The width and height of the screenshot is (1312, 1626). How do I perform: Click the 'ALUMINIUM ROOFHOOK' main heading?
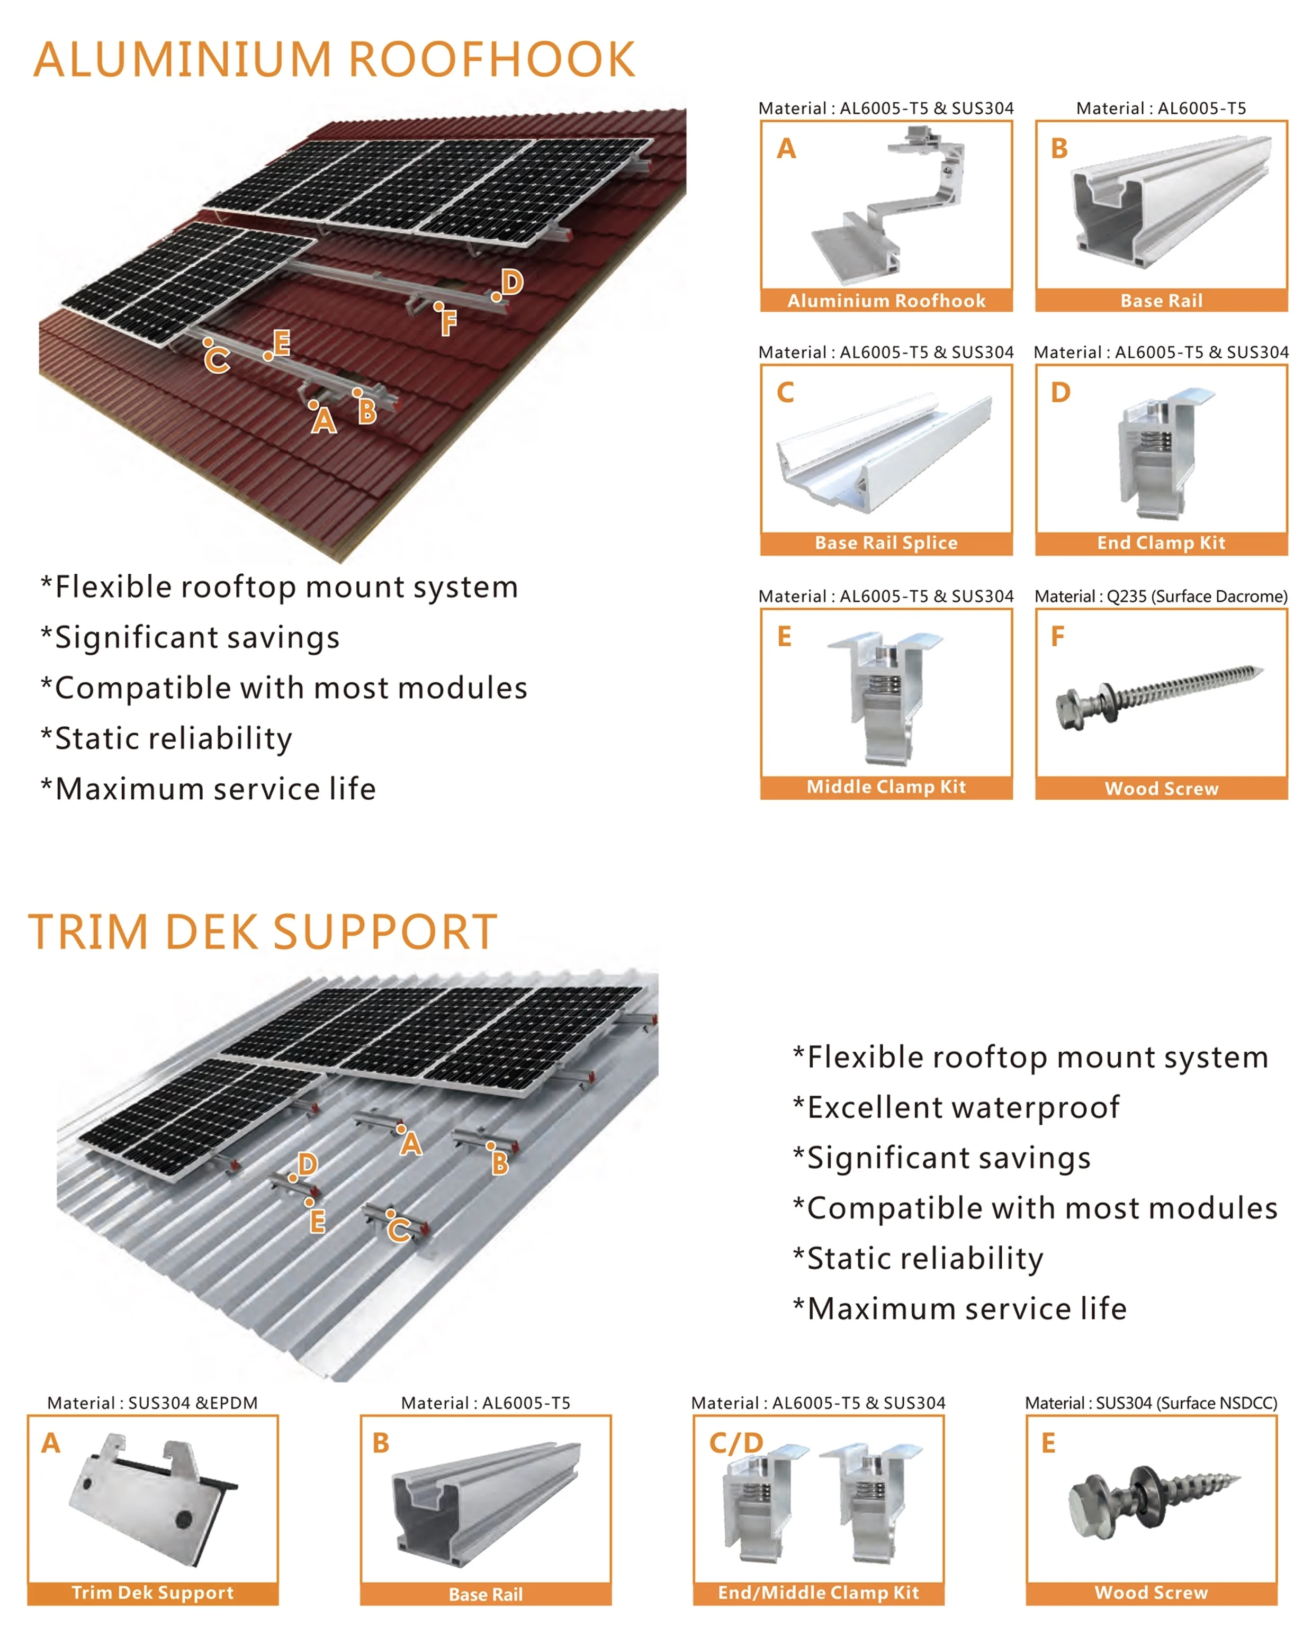(334, 60)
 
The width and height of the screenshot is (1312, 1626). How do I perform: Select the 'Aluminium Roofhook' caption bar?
(886, 301)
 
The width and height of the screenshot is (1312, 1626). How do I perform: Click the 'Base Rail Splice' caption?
(886, 543)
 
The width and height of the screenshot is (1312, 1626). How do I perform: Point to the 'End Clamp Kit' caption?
(1161, 543)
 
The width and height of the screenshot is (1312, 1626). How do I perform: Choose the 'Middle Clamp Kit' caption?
(886, 787)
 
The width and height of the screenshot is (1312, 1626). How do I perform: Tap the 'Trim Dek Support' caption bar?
(152, 1593)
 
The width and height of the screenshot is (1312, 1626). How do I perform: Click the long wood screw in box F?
(1160, 693)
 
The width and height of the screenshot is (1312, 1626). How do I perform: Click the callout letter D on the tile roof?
(513, 283)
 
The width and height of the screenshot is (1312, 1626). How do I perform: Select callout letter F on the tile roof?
(449, 323)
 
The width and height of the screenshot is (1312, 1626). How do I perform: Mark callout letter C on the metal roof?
(399, 1231)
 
